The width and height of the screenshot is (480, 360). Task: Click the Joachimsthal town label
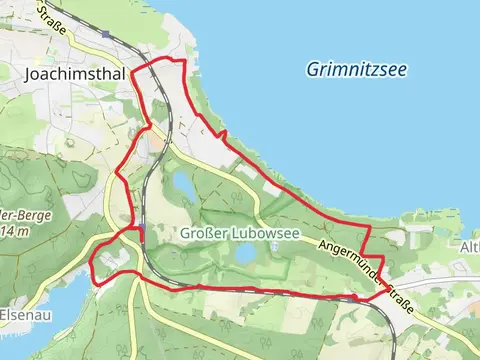click(x=68, y=73)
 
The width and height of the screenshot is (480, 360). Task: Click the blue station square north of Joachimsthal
click(x=104, y=32)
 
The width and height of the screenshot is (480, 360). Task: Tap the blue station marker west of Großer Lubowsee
click(x=142, y=232)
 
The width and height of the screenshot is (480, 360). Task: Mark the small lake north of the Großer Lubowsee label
click(x=184, y=184)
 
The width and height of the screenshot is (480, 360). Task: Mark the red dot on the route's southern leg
click(x=356, y=298)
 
